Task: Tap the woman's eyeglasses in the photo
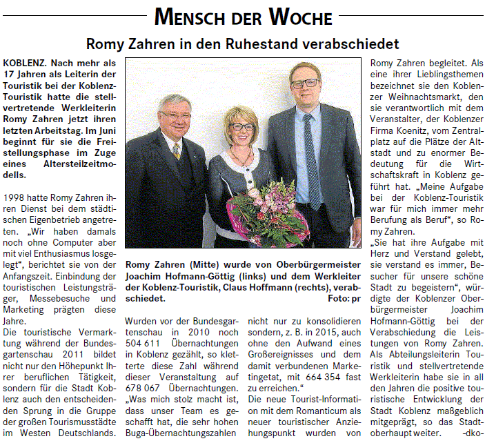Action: [242, 127]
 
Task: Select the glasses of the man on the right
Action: [304, 84]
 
